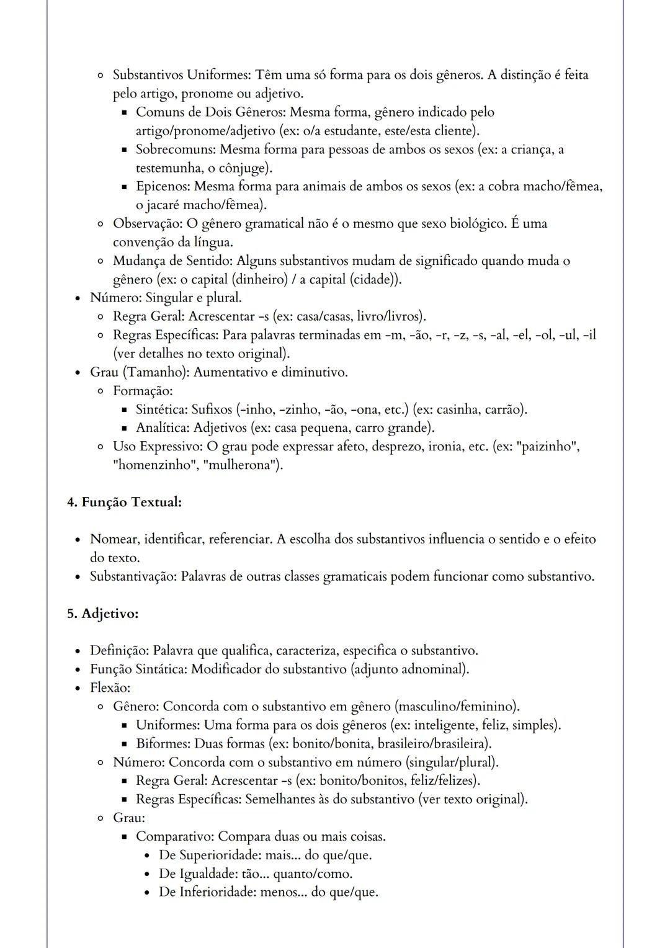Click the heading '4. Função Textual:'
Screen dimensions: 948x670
pyautogui.click(x=124, y=502)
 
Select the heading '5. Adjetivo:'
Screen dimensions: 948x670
pyautogui.click(x=102, y=614)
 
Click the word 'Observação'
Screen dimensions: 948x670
pyautogui.click(x=147, y=223)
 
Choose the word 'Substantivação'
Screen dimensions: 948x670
pyautogui.click(x=133, y=576)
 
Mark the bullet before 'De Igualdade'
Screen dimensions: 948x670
pyautogui.click(x=146, y=874)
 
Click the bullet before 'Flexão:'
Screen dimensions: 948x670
pyautogui.click(x=78, y=688)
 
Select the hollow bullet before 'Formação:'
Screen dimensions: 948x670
pyautogui.click(x=100, y=391)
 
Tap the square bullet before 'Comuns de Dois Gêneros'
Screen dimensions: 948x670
pyautogui.click(x=123, y=113)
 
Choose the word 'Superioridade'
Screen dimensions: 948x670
pyautogui.click(x=218, y=855)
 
